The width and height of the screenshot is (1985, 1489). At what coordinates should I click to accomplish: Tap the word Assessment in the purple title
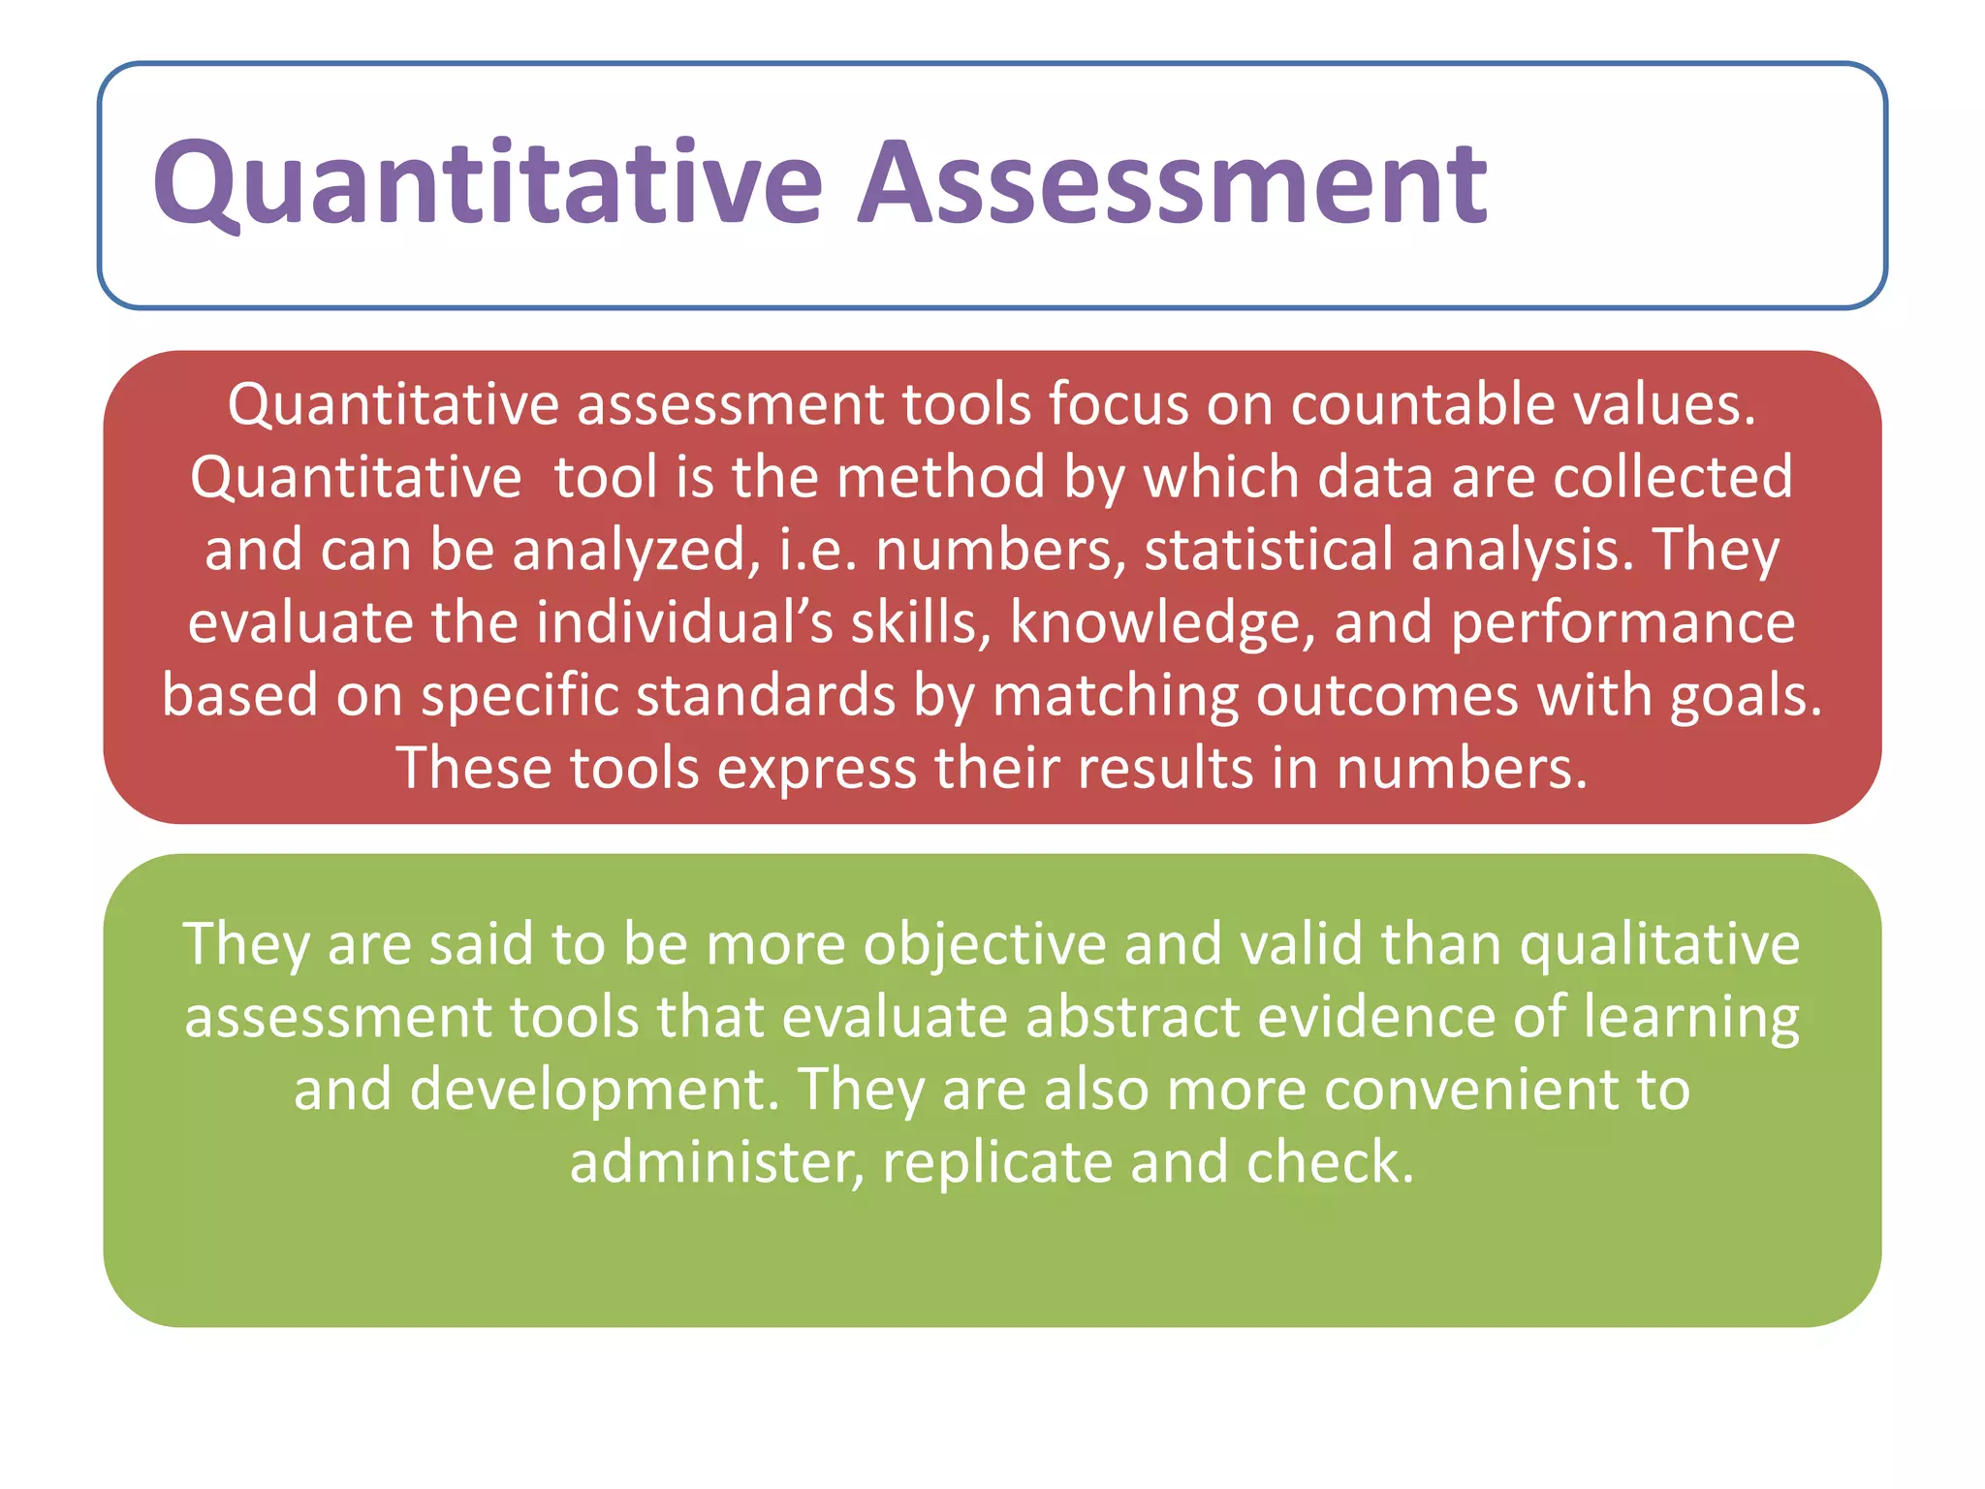1172,184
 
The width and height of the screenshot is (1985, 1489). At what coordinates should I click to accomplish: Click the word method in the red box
940,477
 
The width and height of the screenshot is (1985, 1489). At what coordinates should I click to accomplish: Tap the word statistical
1269,550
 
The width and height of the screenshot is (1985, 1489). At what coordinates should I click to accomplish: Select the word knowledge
1163,624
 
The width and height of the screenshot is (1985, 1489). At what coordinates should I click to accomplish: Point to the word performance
1623,624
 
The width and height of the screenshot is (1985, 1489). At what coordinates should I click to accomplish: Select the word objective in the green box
984,945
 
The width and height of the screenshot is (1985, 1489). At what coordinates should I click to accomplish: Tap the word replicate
997,1163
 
